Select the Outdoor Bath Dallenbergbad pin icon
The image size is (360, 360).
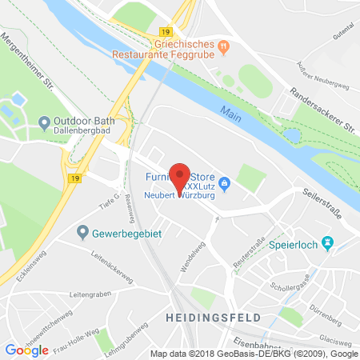click(x=44, y=123)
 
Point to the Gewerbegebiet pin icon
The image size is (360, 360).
click(x=82, y=233)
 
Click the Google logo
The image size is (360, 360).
click(x=26, y=350)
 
